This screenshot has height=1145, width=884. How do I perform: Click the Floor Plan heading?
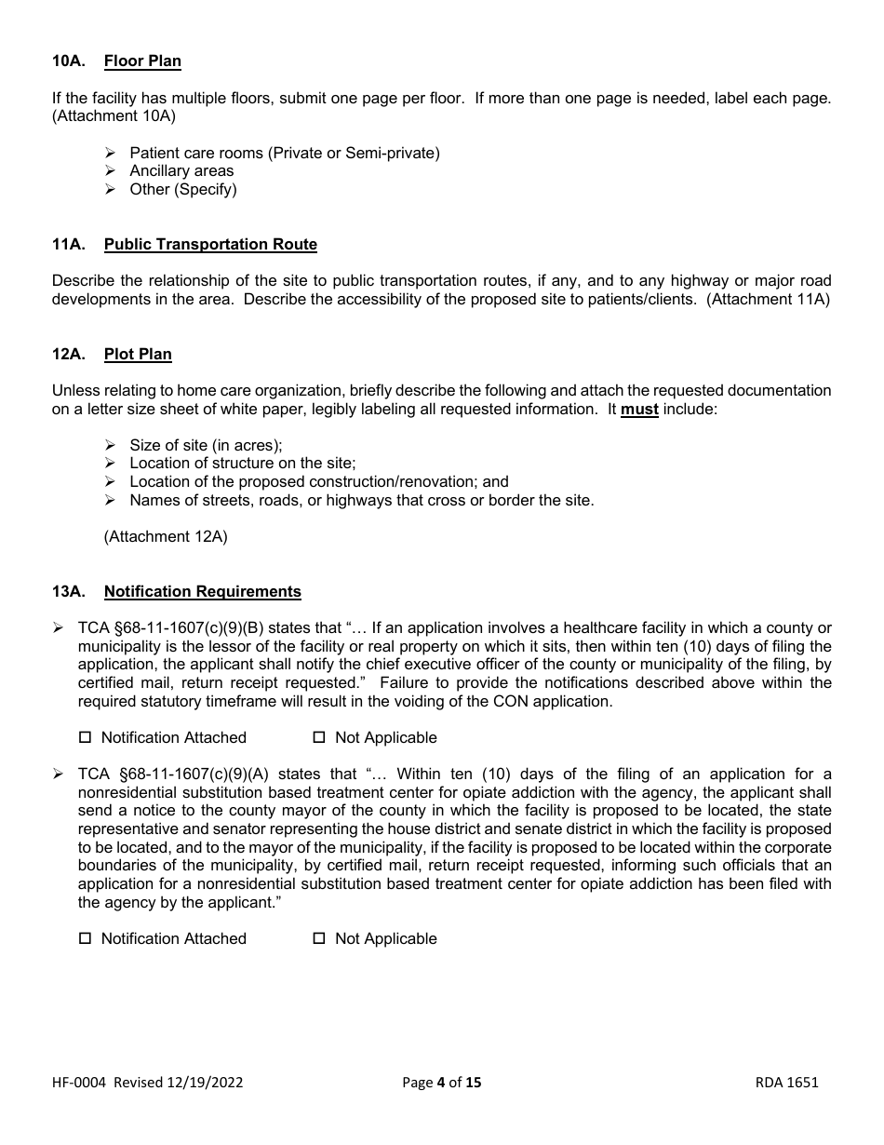click(142, 61)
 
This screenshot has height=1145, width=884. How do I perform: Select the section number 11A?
click(69, 244)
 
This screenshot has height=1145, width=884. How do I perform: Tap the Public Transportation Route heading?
click(210, 244)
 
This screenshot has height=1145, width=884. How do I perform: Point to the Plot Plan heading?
click(138, 354)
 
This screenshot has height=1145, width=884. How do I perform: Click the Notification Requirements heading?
click(202, 591)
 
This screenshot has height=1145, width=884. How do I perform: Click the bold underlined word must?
click(639, 410)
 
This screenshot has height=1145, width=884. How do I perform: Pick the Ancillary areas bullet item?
click(181, 171)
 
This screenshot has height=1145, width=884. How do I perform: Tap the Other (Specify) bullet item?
click(183, 189)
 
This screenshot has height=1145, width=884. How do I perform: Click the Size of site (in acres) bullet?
click(206, 445)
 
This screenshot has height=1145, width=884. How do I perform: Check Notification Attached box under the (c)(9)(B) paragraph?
click(86, 737)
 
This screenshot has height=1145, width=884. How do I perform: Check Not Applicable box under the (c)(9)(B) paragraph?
click(319, 737)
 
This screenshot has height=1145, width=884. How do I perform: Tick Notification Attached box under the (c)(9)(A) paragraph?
click(86, 938)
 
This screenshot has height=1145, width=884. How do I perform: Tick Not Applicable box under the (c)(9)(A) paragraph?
click(319, 938)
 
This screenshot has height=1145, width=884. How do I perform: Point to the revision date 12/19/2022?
click(206, 1082)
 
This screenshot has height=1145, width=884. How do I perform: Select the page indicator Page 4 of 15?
click(442, 1082)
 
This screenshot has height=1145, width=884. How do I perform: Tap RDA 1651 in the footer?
click(787, 1082)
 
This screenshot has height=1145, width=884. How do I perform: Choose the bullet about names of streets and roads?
click(361, 500)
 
